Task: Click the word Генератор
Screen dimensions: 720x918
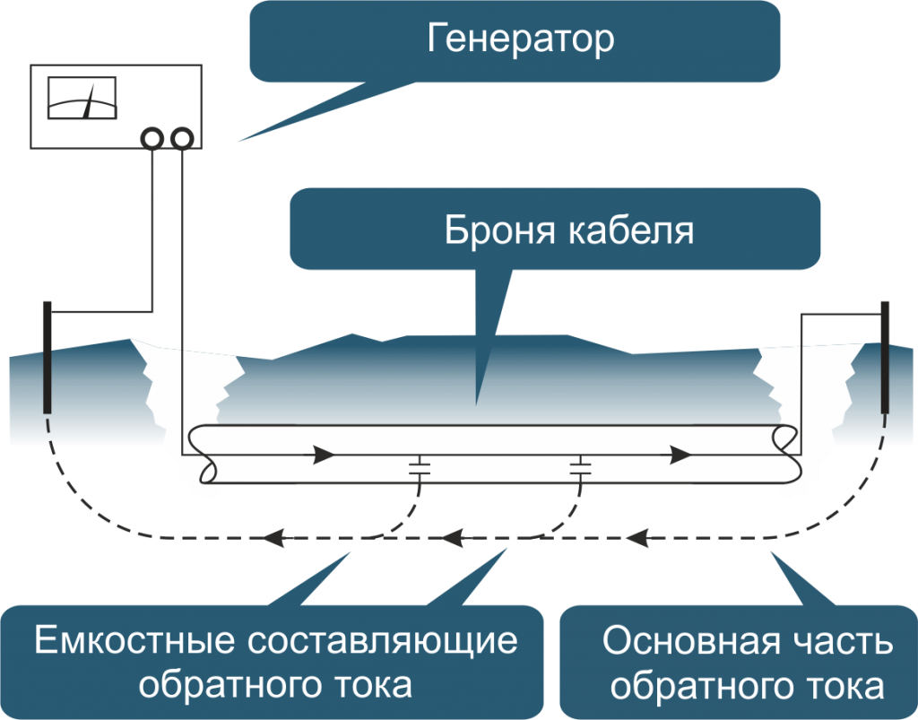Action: (520, 39)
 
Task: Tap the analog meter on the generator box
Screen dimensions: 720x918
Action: (82, 98)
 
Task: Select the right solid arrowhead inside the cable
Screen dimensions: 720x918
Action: (680, 455)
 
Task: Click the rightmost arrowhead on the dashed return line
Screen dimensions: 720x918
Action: (638, 539)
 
